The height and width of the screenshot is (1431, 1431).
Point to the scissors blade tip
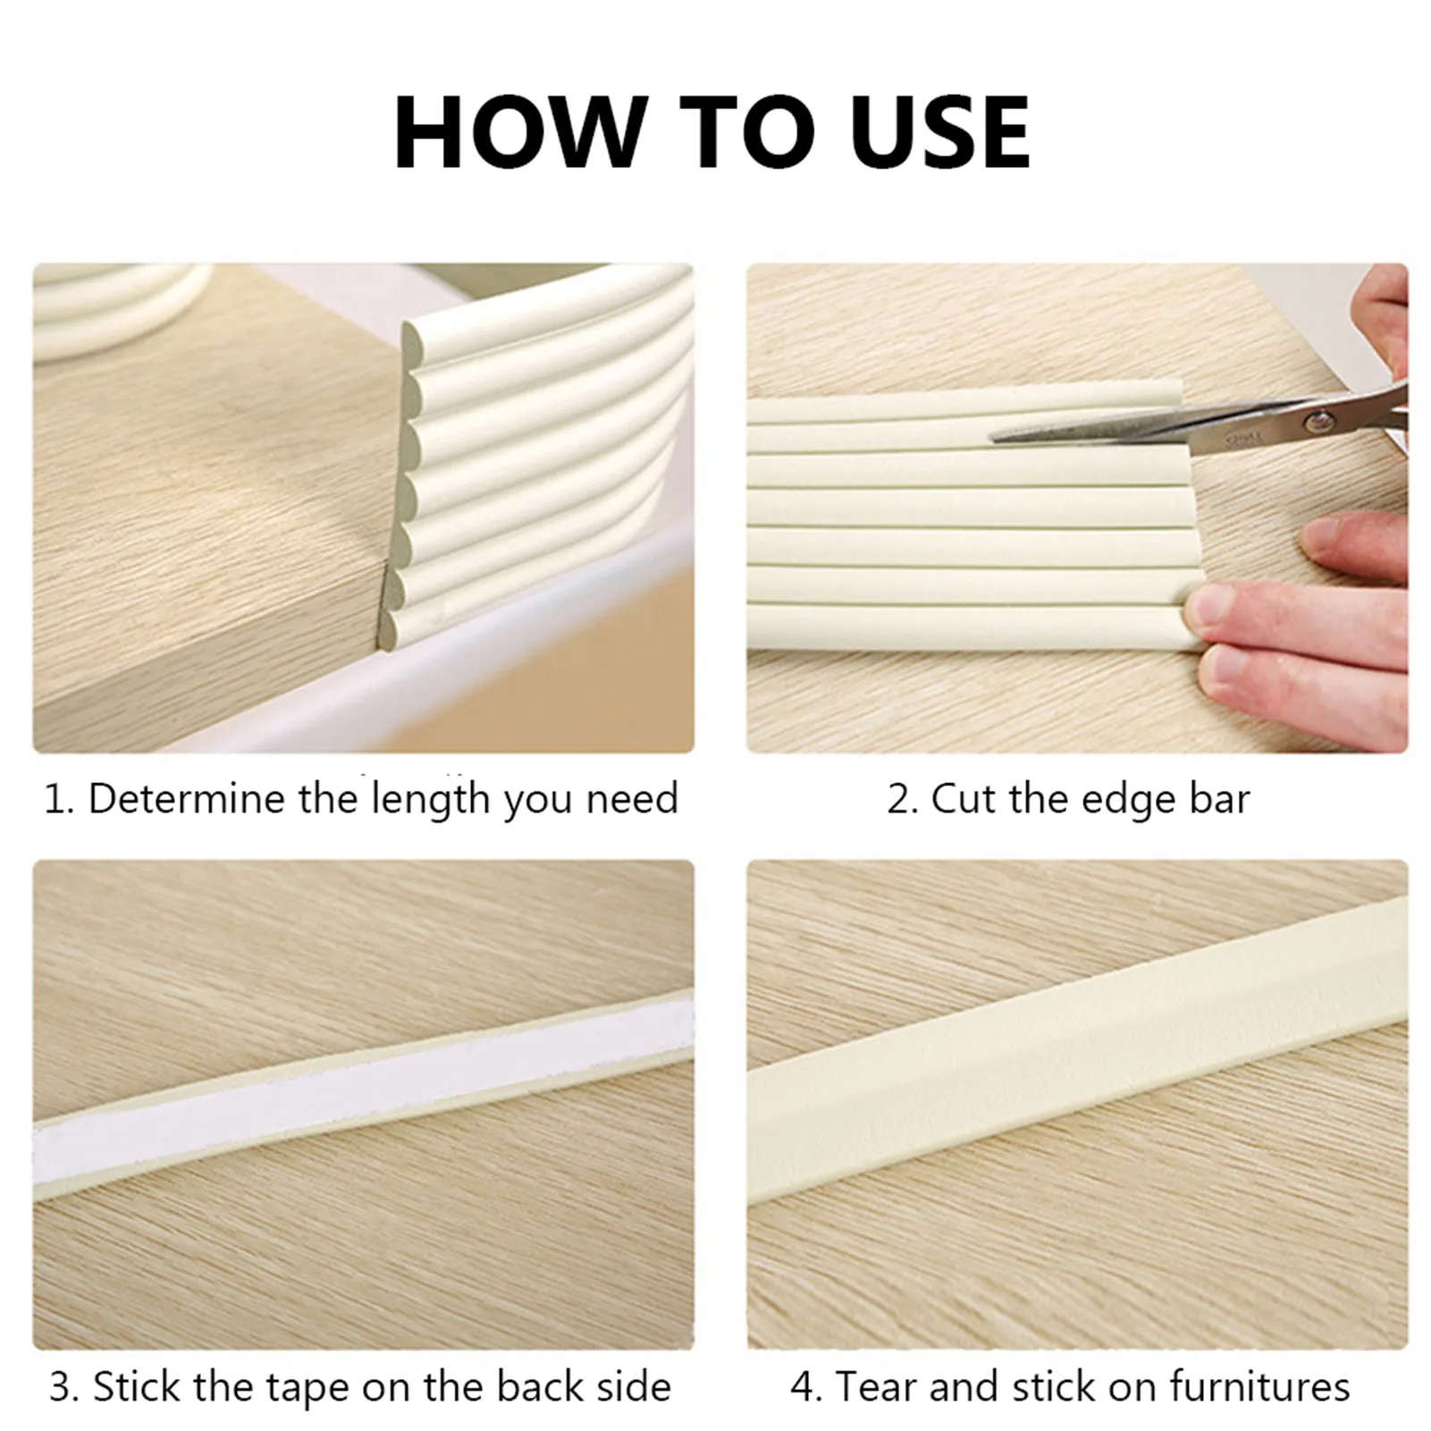tap(997, 437)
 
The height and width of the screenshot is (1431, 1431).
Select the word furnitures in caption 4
tap(1260, 1387)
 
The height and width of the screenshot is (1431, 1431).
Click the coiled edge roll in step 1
tap(116, 304)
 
